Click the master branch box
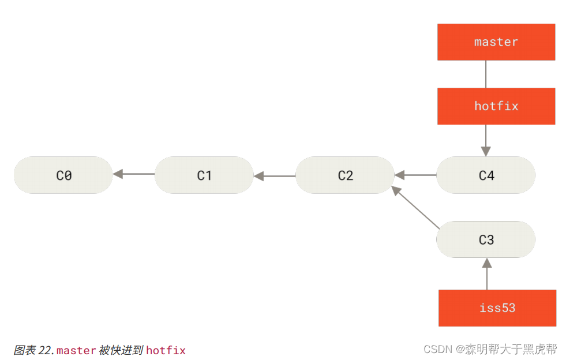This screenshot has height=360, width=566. click(x=496, y=42)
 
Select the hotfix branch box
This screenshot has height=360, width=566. click(x=496, y=106)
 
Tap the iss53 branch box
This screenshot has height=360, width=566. click(x=497, y=308)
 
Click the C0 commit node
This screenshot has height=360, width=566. click(x=63, y=175)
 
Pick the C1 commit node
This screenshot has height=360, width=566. click(x=204, y=175)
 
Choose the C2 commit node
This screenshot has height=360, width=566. click(x=345, y=175)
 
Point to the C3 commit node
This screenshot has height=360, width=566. click(x=486, y=239)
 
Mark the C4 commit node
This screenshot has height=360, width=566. click(x=486, y=175)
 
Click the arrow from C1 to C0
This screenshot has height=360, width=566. click(x=134, y=174)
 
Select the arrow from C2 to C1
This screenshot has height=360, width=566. click(x=275, y=175)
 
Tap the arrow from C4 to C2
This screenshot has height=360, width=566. click(x=415, y=174)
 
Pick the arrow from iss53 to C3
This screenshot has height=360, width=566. click(x=486, y=273)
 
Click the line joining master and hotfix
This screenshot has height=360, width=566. click(x=486, y=74)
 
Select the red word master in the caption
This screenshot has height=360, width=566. click(x=76, y=350)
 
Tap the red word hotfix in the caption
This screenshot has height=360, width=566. click(x=166, y=350)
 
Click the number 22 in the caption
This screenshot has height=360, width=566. click(x=45, y=350)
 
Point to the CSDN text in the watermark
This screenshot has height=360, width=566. click(x=438, y=349)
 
